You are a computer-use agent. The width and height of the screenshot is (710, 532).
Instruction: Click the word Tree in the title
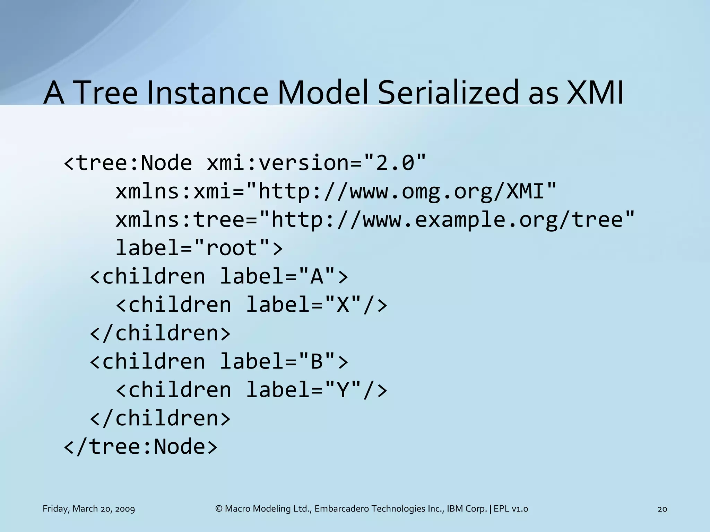pyautogui.click(x=106, y=93)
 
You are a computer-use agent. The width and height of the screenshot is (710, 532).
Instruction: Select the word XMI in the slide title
pyautogui.click(x=595, y=93)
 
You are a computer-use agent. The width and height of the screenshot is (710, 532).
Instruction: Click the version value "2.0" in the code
pyautogui.click(x=395, y=163)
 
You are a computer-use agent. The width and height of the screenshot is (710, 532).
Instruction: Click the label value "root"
pyautogui.click(x=232, y=248)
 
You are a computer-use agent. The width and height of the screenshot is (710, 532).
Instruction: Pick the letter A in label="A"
pyautogui.click(x=317, y=276)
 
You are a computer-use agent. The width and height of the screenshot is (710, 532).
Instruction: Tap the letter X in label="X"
pyautogui.click(x=343, y=305)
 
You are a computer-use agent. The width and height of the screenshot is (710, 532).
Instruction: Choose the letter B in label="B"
pyautogui.click(x=317, y=362)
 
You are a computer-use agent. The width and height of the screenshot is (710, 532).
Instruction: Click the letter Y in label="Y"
pyautogui.click(x=343, y=390)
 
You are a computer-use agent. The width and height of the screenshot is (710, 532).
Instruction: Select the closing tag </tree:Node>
pyautogui.click(x=141, y=447)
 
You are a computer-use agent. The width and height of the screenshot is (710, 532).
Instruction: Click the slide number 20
pyautogui.click(x=662, y=509)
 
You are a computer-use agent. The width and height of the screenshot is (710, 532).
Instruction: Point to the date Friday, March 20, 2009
pyautogui.click(x=89, y=509)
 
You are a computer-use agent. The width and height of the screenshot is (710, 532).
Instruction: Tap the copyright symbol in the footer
pyautogui.click(x=219, y=509)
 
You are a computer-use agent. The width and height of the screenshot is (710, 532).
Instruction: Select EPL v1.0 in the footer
pyautogui.click(x=511, y=509)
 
